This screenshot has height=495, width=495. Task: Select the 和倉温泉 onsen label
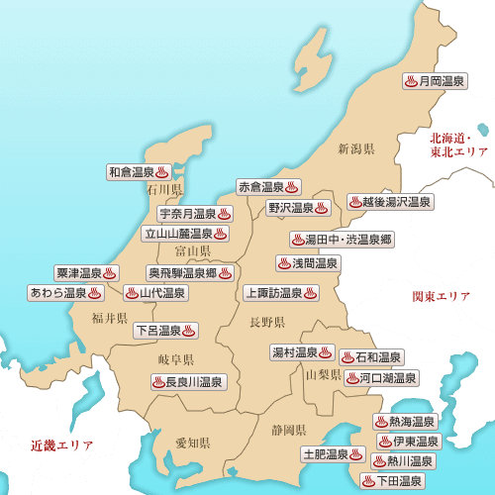coord(141,171)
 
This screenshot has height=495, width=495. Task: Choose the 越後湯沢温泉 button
coord(390,201)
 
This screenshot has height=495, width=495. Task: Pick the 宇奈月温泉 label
coord(195,214)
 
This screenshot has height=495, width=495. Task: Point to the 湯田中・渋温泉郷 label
coord(342,240)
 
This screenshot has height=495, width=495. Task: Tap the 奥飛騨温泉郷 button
coord(190,272)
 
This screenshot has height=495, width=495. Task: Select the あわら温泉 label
coord(65,293)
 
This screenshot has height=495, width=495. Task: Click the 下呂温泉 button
coord(165,330)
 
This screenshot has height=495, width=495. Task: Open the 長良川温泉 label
coord(188,381)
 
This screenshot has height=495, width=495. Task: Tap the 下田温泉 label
coord(393,481)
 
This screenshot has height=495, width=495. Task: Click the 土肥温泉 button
coord(333,454)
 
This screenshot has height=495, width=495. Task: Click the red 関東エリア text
coord(442,296)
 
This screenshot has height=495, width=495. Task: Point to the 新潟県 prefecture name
coord(355,149)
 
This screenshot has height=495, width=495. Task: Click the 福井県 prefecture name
coord(110,318)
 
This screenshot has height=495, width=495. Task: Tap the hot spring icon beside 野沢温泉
coord(322,208)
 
